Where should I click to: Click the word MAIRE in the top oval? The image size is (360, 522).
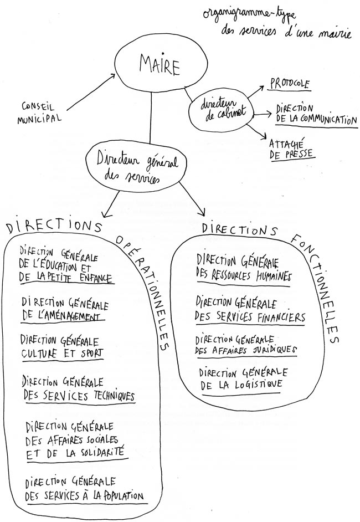(160, 65)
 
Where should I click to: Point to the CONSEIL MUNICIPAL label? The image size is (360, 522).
(39, 113)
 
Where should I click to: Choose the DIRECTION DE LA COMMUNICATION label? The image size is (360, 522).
(316, 115)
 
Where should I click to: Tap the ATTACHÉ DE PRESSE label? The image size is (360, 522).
(292, 150)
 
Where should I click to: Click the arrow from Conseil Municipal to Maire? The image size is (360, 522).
(91, 92)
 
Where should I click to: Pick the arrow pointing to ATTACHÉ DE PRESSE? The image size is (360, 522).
(259, 131)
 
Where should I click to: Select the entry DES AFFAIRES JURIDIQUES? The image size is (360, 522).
(245, 350)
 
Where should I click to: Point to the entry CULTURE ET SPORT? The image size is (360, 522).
(63, 353)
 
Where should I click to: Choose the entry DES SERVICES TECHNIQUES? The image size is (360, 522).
(79, 395)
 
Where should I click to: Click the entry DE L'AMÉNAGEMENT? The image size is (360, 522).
(61, 315)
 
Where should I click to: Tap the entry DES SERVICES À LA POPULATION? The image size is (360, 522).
(85, 496)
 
